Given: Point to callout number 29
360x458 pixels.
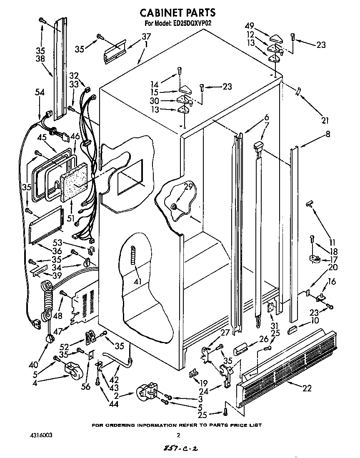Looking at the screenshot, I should tap(189, 187).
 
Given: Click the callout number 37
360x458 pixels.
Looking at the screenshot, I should tap(146, 36).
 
